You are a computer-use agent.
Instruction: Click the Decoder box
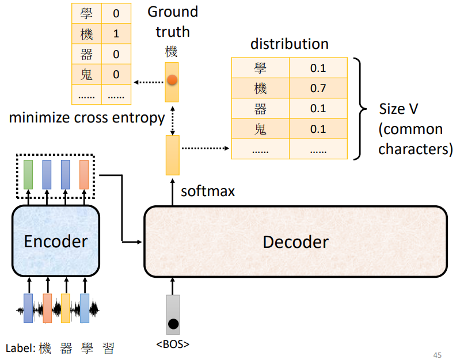pos(295,242)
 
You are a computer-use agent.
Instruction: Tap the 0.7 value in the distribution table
pos(318,88)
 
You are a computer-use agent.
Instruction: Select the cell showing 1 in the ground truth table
pos(116,34)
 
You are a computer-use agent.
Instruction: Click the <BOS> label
pos(173,344)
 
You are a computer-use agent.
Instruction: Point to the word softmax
pos(208,191)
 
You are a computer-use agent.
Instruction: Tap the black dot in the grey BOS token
pos(173,324)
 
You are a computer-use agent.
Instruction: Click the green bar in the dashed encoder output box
pos(29,175)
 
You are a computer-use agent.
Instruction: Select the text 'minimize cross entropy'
pos(86,118)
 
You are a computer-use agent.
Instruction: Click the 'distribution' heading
pos(290,44)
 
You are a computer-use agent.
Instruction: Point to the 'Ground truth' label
pos(173,21)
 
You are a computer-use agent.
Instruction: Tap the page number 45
pos(437,354)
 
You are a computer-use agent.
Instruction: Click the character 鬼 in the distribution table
pos(260,129)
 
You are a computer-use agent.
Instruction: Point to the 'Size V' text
pos(398,109)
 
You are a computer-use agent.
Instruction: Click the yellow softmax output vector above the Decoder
pos(172,155)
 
